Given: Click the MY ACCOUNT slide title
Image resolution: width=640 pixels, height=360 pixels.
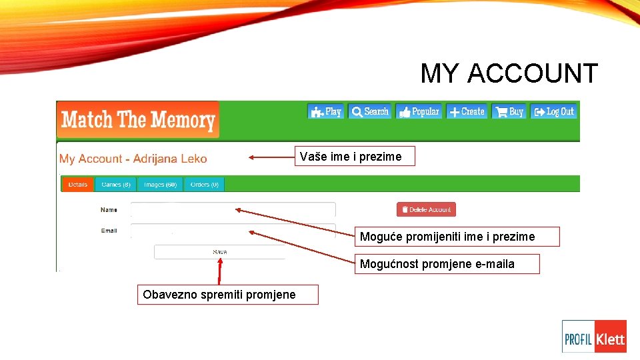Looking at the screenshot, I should coord(509,73).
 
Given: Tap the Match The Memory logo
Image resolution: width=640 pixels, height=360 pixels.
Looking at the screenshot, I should coord(138,120).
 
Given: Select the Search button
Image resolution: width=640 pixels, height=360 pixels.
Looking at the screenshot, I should coord(370,111).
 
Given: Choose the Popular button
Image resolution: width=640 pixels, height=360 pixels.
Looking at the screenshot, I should coord(419,111).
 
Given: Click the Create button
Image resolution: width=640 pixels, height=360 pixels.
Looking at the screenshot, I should coord(466,111).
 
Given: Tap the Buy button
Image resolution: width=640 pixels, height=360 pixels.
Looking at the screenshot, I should coord(509,111).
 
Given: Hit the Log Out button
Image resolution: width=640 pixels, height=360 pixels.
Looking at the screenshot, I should coord(554,111).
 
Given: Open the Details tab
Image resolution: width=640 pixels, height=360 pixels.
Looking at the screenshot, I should coord(77,184).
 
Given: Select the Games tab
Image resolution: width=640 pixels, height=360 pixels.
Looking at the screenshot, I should coord(116,184).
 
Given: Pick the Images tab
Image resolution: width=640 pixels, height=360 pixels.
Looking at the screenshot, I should coord(160,184).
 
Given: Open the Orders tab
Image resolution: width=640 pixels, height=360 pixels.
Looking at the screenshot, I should coord(204,184).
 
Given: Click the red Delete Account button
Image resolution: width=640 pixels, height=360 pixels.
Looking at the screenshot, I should coord(426,209).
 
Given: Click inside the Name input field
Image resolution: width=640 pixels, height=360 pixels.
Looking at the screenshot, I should coord(233,210).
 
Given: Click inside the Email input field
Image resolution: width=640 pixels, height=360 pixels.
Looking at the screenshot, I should coord(233,231).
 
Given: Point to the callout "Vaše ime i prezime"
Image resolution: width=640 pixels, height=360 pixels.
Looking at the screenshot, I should coord(355,156).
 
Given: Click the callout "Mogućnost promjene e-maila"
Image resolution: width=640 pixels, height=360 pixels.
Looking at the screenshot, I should coord(446,264).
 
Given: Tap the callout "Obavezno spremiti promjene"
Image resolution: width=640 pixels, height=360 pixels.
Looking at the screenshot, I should coord(227,294).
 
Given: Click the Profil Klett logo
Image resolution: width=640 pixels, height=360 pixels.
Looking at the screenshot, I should coord(594,337).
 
